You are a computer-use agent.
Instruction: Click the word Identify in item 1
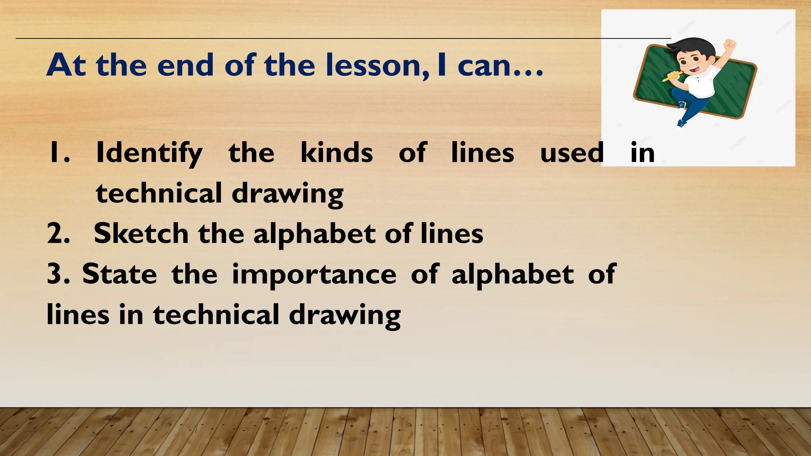point(149,154)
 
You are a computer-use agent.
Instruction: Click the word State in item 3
point(120,274)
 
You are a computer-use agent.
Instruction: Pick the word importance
point(314,275)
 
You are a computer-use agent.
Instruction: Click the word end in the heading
point(186,65)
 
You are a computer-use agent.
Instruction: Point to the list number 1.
point(58,154)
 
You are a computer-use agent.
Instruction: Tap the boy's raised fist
point(729,45)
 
